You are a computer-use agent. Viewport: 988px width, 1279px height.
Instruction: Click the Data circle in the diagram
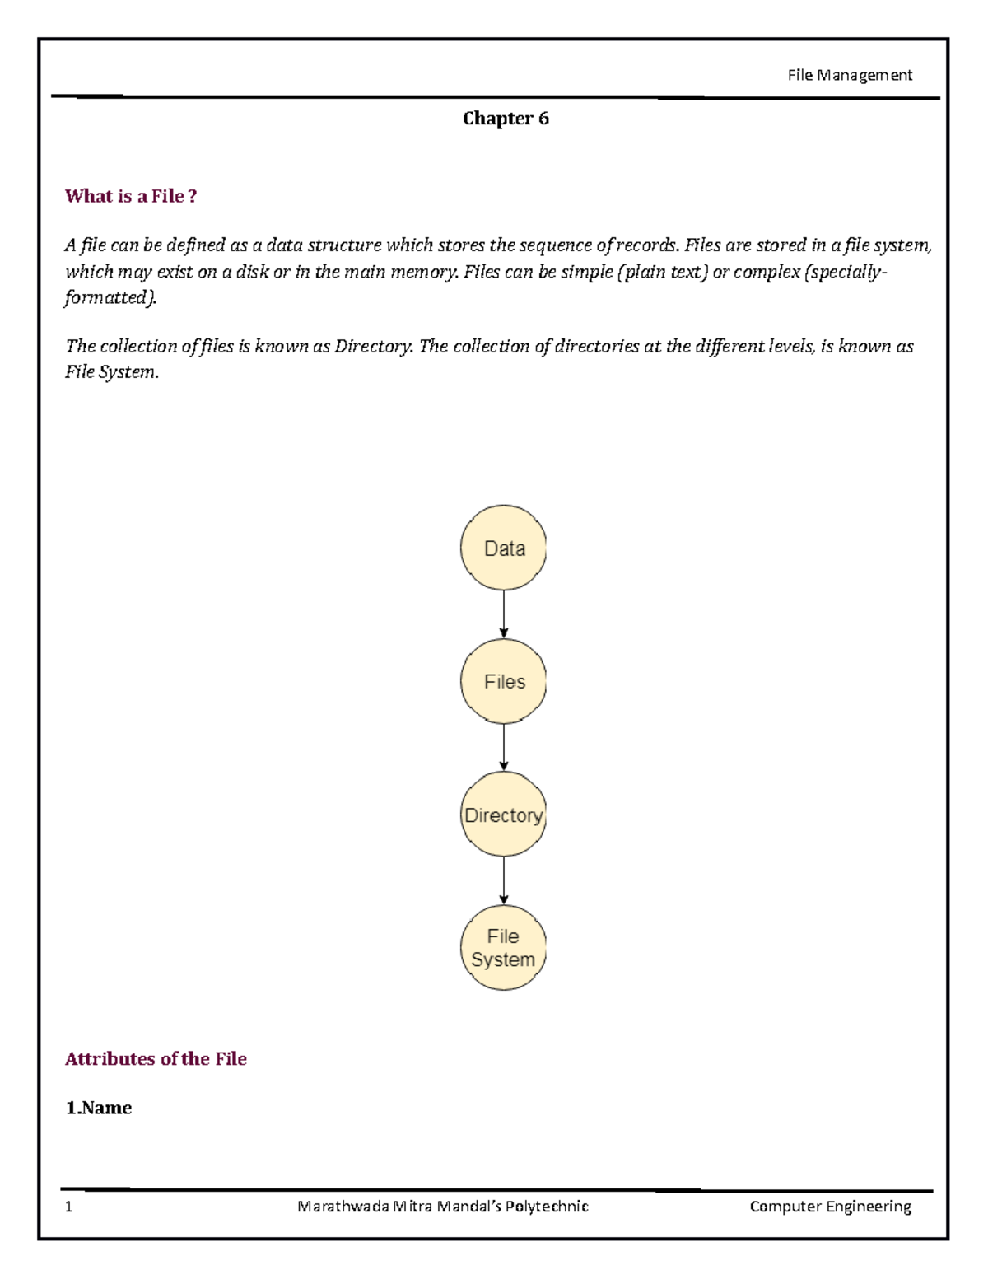[x=503, y=548]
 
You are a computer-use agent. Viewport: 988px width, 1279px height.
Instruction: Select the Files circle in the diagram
[x=503, y=681]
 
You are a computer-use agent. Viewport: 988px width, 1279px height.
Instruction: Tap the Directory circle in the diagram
[x=503, y=815]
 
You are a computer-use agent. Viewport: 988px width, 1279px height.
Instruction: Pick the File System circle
[x=503, y=947]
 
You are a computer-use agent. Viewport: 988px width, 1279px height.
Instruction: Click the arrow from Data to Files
[x=504, y=614]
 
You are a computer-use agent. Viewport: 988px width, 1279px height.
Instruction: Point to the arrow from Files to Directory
[x=504, y=748]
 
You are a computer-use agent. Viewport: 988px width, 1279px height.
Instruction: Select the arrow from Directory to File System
[x=504, y=880]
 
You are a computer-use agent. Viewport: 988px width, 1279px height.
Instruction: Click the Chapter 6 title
[x=506, y=119]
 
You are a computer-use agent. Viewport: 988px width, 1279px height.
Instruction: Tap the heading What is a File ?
[x=131, y=196]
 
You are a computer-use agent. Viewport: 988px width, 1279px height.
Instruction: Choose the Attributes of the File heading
[x=156, y=1059]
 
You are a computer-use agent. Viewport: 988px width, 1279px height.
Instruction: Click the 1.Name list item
[x=99, y=1108]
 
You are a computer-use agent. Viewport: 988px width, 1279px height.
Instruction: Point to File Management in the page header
[x=850, y=75]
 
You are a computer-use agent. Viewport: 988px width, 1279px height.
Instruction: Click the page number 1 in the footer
[x=69, y=1207]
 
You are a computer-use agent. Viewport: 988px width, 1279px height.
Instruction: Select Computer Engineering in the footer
[x=830, y=1207]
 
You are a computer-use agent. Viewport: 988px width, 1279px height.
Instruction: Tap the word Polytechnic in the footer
[x=547, y=1207]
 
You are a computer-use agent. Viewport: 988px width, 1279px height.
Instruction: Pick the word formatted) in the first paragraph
[x=110, y=297]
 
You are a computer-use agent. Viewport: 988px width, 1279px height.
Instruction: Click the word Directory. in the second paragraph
[x=373, y=347]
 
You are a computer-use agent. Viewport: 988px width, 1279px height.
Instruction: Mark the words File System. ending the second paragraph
[x=112, y=372]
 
